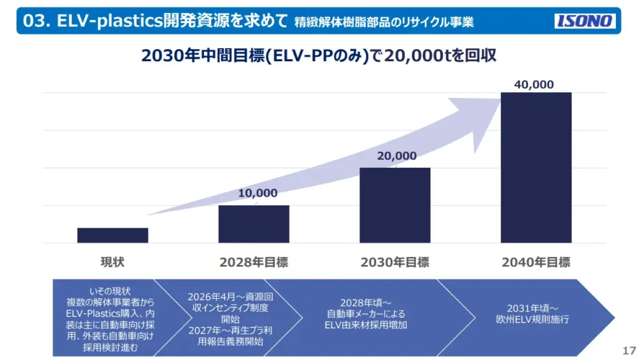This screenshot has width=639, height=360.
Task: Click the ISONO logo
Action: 585,21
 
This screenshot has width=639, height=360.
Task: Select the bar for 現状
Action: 113,235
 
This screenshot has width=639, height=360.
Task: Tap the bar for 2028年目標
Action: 254,224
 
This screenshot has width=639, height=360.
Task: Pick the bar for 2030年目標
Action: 395,205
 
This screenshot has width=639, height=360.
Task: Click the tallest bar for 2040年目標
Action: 536,167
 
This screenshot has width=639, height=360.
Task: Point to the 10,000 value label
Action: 258,193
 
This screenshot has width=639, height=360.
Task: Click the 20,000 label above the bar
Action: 397,156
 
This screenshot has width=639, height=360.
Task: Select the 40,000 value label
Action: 534,85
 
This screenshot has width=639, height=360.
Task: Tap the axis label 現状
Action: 113,263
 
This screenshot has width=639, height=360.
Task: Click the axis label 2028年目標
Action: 254,263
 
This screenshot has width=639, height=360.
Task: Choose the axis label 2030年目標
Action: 395,263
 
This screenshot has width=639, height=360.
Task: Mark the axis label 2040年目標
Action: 536,263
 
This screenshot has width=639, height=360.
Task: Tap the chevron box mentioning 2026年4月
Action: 230,318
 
